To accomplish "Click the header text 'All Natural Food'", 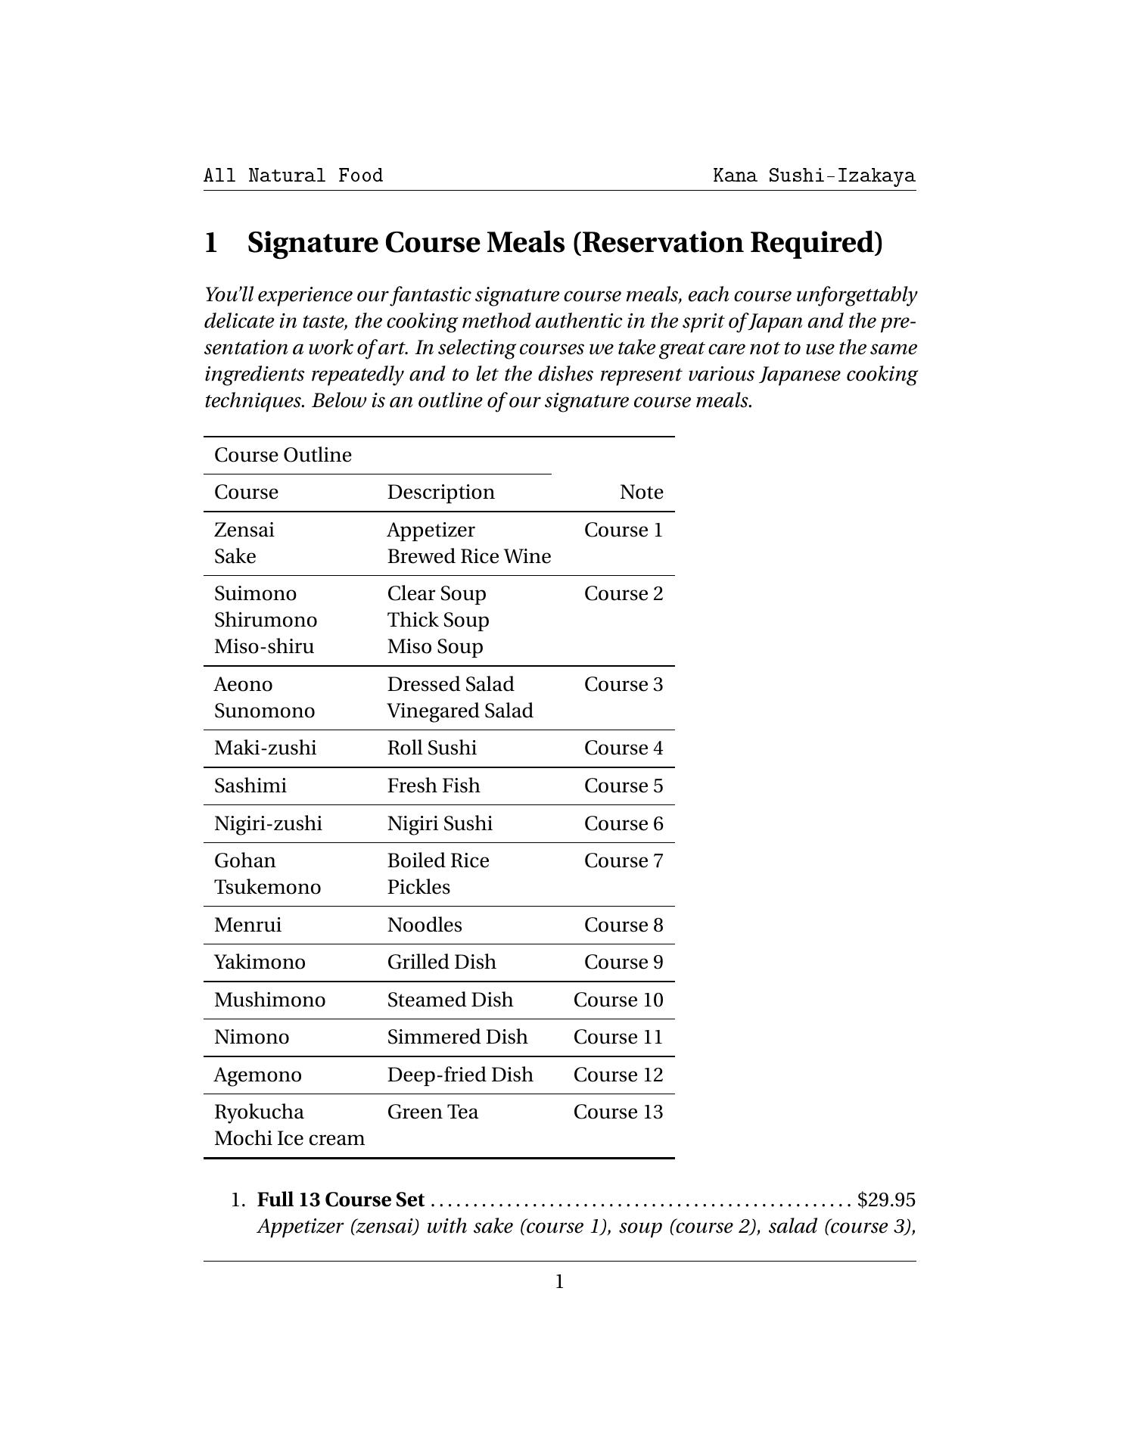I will point(293,176).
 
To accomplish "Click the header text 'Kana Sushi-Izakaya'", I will point(813,176).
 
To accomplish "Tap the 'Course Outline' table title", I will point(283,456).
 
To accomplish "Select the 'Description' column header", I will point(440,493).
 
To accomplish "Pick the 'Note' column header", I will point(641,493).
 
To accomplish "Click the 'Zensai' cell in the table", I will point(244,530).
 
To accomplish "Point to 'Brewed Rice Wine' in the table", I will point(468,557).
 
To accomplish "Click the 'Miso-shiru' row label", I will point(264,647).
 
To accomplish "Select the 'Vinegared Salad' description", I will point(460,711).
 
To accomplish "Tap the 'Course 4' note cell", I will point(623,748).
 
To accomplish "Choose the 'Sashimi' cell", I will point(250,786).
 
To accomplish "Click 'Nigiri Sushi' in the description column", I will point(440,824).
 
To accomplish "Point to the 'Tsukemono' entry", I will point(267,888).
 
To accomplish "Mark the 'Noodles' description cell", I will point(425,926).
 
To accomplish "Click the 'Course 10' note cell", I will point(617,1000).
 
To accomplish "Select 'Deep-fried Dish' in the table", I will point(460,1075).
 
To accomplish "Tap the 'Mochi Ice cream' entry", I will point(289,1139).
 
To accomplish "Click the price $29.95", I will point(886,1200).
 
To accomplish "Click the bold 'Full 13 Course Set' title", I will point(341,1200).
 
